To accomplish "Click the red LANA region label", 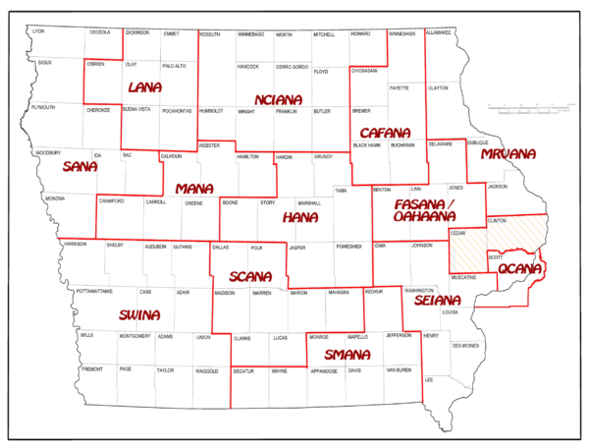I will tap(144, 87).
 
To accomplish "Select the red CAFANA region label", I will tap(386, 132).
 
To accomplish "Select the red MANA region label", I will tap(194, 188).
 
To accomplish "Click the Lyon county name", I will tap(39, 31).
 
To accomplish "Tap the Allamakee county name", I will tap(439, 31).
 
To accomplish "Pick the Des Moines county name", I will tap(466, 345).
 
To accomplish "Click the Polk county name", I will tap(257, 249).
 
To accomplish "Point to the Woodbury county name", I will tap(48, 153).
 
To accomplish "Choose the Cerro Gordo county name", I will tap(292, 67).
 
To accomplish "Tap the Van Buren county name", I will tap(398, 370).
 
